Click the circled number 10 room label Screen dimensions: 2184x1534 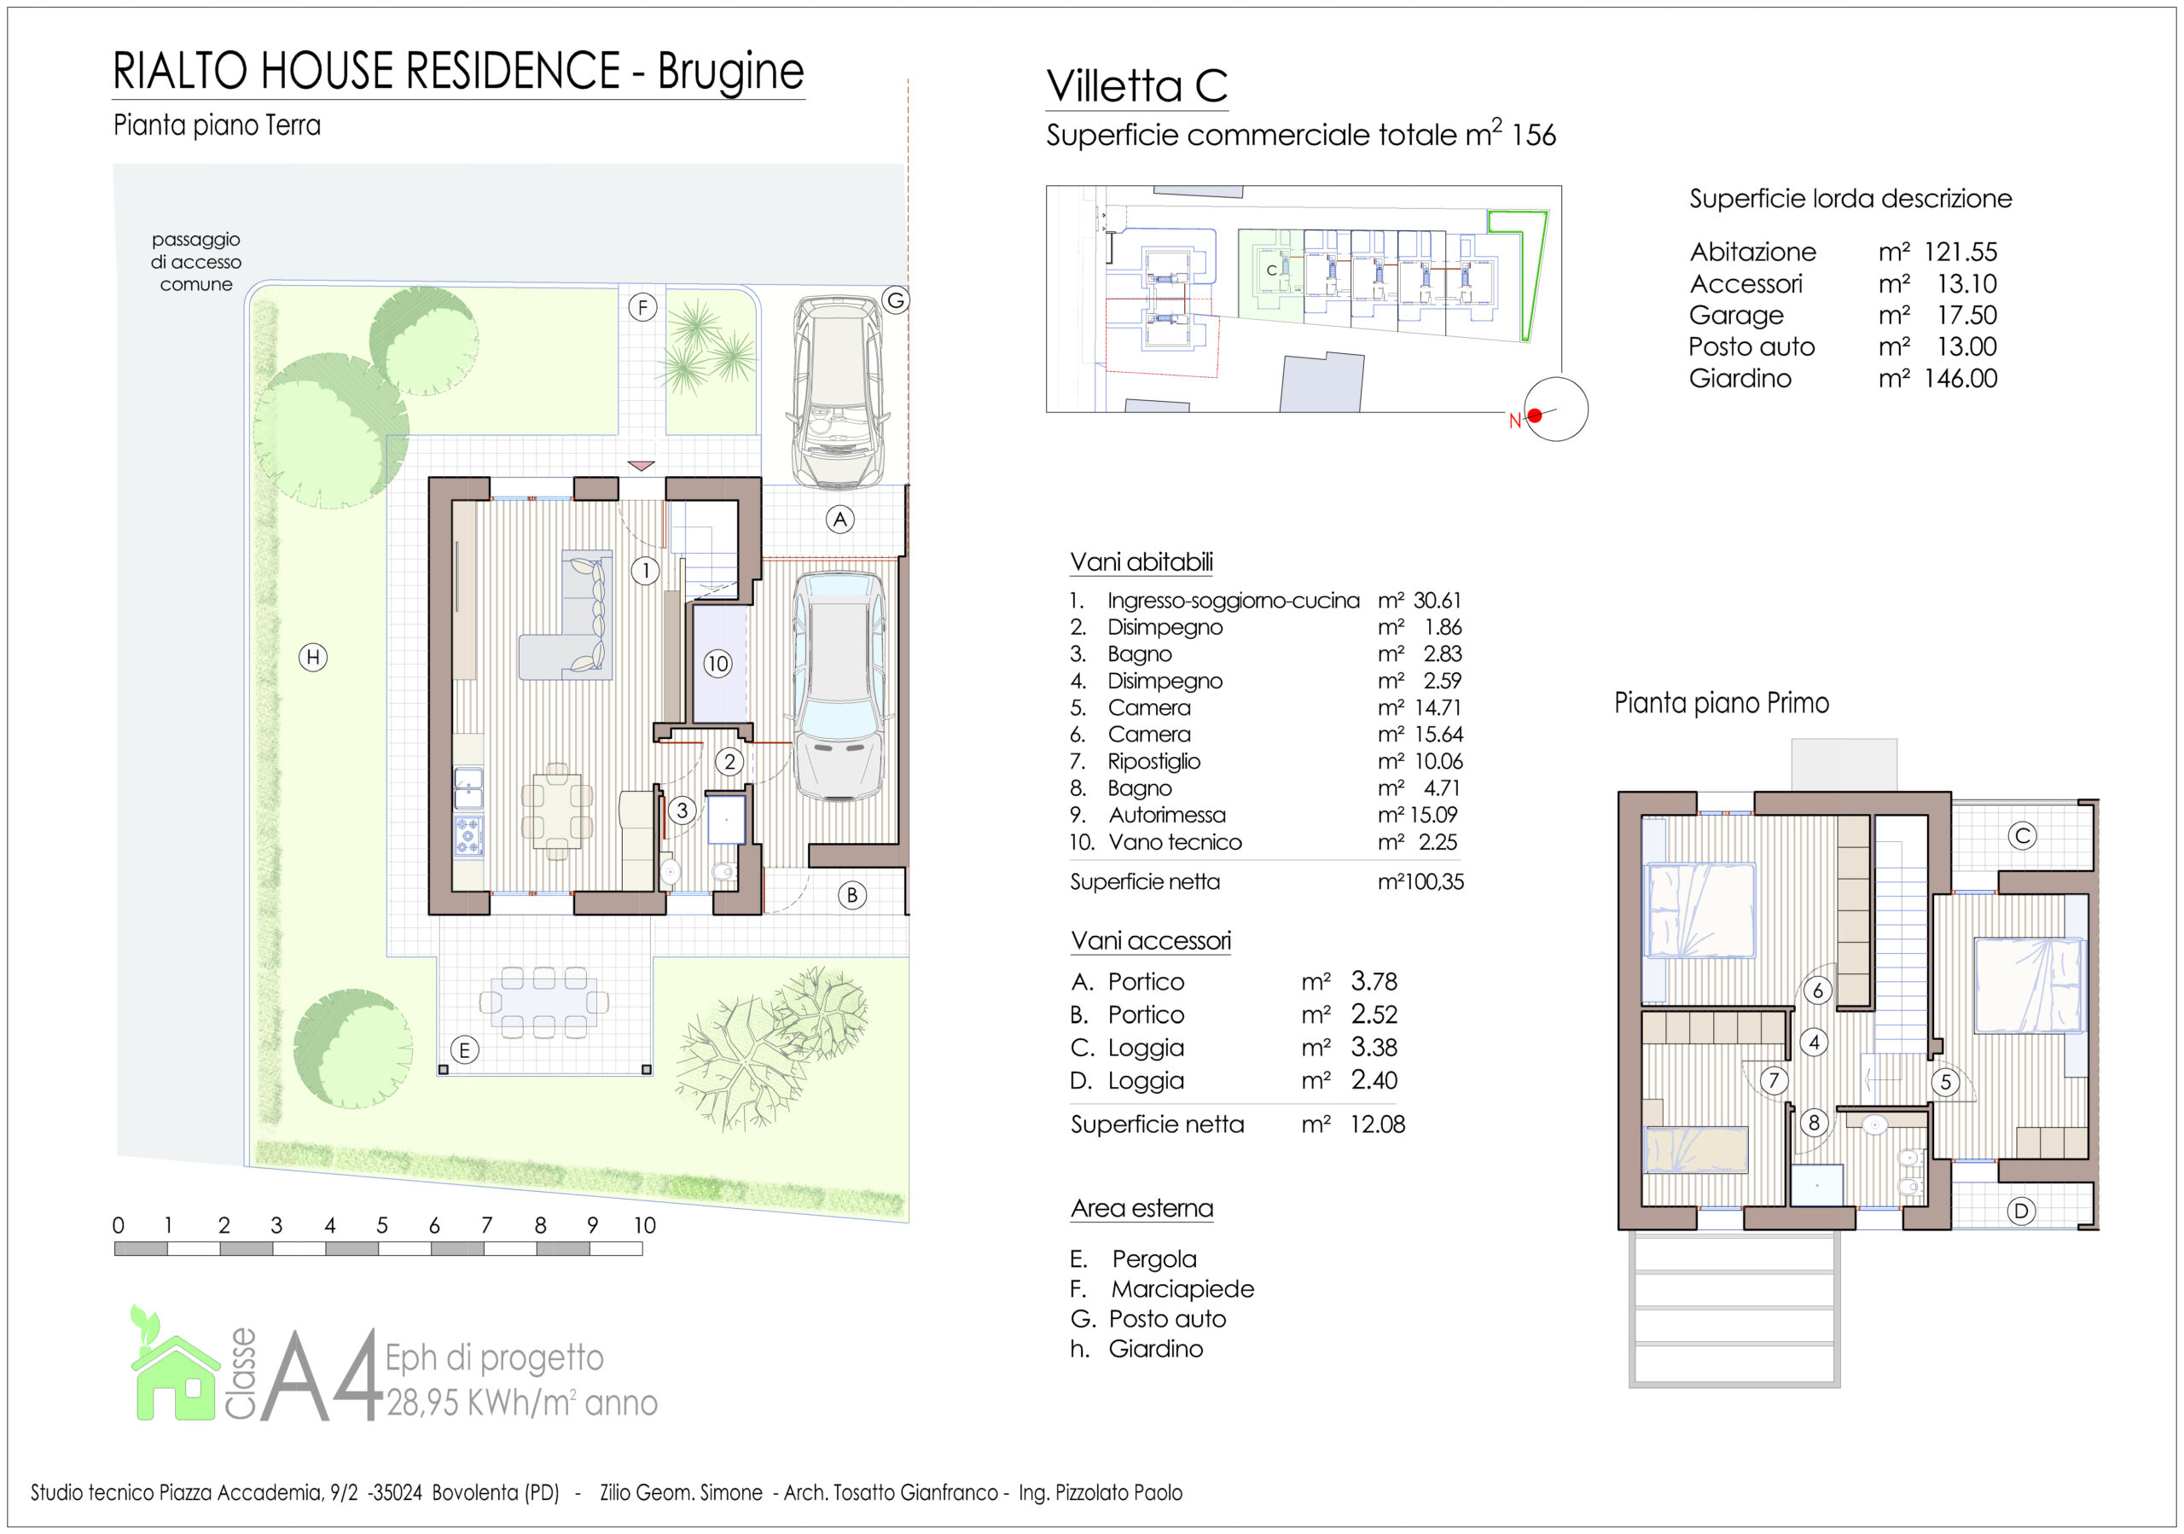pos(717,664)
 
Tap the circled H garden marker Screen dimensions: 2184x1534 pos(313,657)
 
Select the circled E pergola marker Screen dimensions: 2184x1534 pos(464,1050)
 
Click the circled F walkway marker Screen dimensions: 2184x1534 pos(643,307)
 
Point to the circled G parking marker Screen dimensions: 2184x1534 pos(895,300)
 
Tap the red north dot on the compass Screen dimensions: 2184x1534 pos(1534,415)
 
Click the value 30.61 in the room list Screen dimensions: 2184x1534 pos(1438,600)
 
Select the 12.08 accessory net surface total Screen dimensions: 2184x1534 pos(1377,1124)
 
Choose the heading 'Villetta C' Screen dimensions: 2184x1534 pos(1136,85)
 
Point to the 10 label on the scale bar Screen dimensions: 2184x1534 pos(645,1225)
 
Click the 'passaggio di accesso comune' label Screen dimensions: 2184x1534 pos(196,262)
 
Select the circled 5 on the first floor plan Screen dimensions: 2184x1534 pos(1945,1083)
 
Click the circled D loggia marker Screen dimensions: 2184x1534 pos(2021,1211)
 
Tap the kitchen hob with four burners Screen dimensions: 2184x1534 pos(468,836)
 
